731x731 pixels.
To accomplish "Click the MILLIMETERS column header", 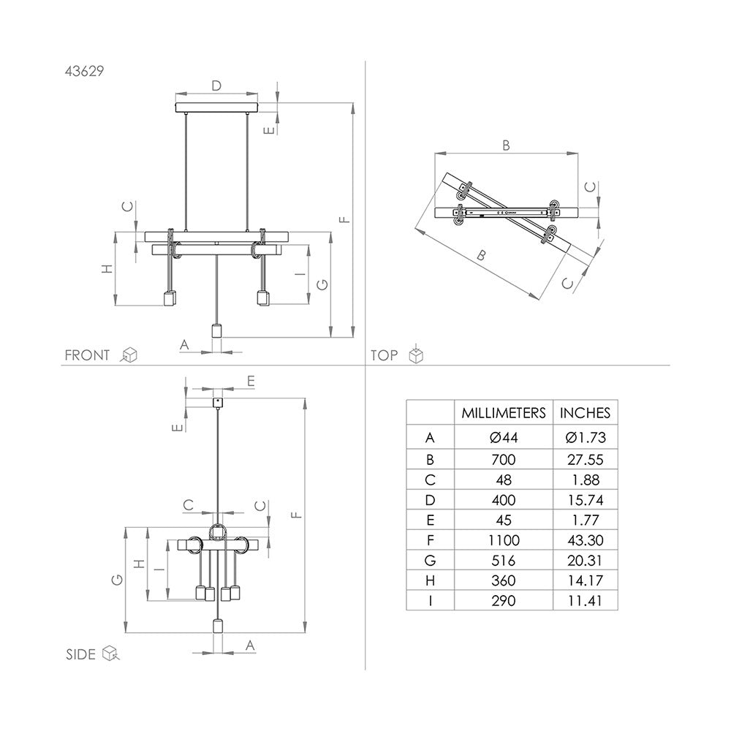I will tap(503, 413).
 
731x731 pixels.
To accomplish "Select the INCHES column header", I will tap(585, 413).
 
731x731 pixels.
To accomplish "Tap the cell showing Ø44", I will tap(503, 438).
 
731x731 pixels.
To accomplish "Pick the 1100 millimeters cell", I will tap(503, 540).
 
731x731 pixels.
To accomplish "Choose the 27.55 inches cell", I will tap(585, 459).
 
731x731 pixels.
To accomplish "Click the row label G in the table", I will tap(430, 561).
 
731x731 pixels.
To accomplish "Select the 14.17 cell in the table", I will tap(585, 580).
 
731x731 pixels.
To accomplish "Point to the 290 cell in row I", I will tap(503, 601).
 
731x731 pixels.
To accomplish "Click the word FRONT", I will tap(87, 355).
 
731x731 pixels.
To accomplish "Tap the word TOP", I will tap(385, 355).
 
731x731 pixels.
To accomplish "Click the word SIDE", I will tap(80, 654).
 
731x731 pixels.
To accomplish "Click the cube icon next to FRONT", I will tap(129, 355).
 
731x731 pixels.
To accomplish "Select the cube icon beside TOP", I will tap(415, 355).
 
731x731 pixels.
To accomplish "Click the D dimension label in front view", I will tap(216, 86).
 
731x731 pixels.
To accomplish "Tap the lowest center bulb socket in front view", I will tap(216, 330).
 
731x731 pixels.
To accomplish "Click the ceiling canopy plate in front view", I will tap(217, 109).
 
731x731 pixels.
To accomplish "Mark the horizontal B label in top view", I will tap(505, 145).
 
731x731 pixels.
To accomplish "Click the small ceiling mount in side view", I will tap(217, 402).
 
